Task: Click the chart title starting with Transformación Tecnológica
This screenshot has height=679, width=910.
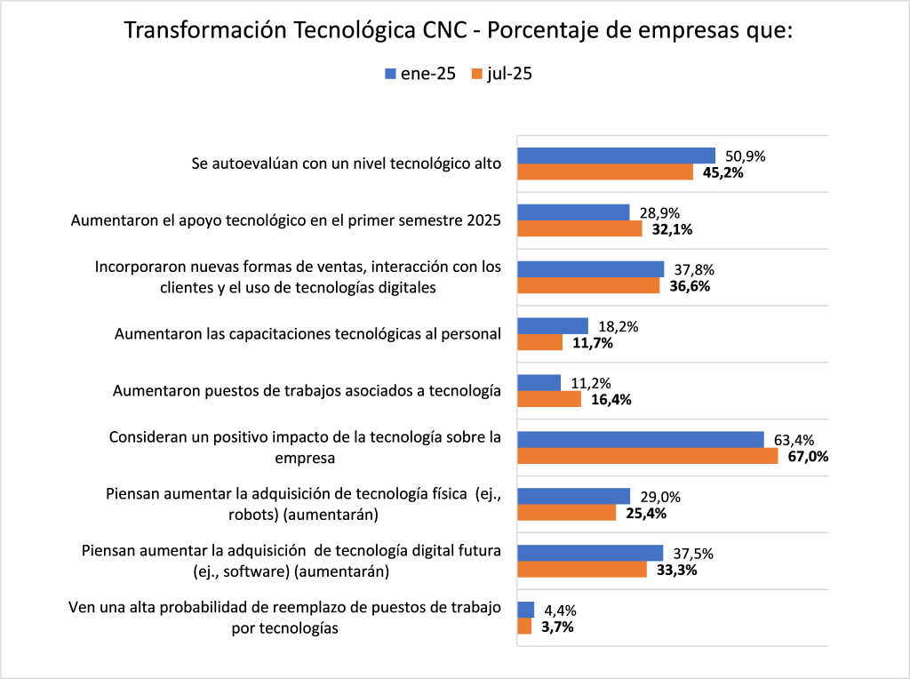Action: coord(458,30)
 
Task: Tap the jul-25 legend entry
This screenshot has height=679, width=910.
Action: coord(502,75)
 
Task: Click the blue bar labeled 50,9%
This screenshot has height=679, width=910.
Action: coord(616,156)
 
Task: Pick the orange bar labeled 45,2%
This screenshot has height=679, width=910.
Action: coord(605,172)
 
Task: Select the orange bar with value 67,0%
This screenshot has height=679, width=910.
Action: coord(647,457)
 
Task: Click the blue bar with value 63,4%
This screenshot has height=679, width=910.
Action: coord(640,440)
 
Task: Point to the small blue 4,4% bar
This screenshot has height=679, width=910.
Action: coord(525,610)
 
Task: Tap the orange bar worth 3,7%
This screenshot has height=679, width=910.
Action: coord(524,627)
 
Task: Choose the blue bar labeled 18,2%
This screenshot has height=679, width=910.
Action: coord(552,326)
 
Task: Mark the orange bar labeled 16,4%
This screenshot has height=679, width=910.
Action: coord(548,400)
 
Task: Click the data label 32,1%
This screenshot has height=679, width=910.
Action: coord(673,229)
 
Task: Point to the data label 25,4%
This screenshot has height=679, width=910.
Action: coord(646,514)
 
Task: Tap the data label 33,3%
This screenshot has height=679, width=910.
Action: coord(676,571)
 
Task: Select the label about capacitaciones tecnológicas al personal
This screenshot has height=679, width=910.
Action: coord(308,334)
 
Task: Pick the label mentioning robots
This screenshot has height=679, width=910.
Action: coord(303,504)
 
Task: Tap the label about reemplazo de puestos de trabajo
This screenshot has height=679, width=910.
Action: coord(285,618)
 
